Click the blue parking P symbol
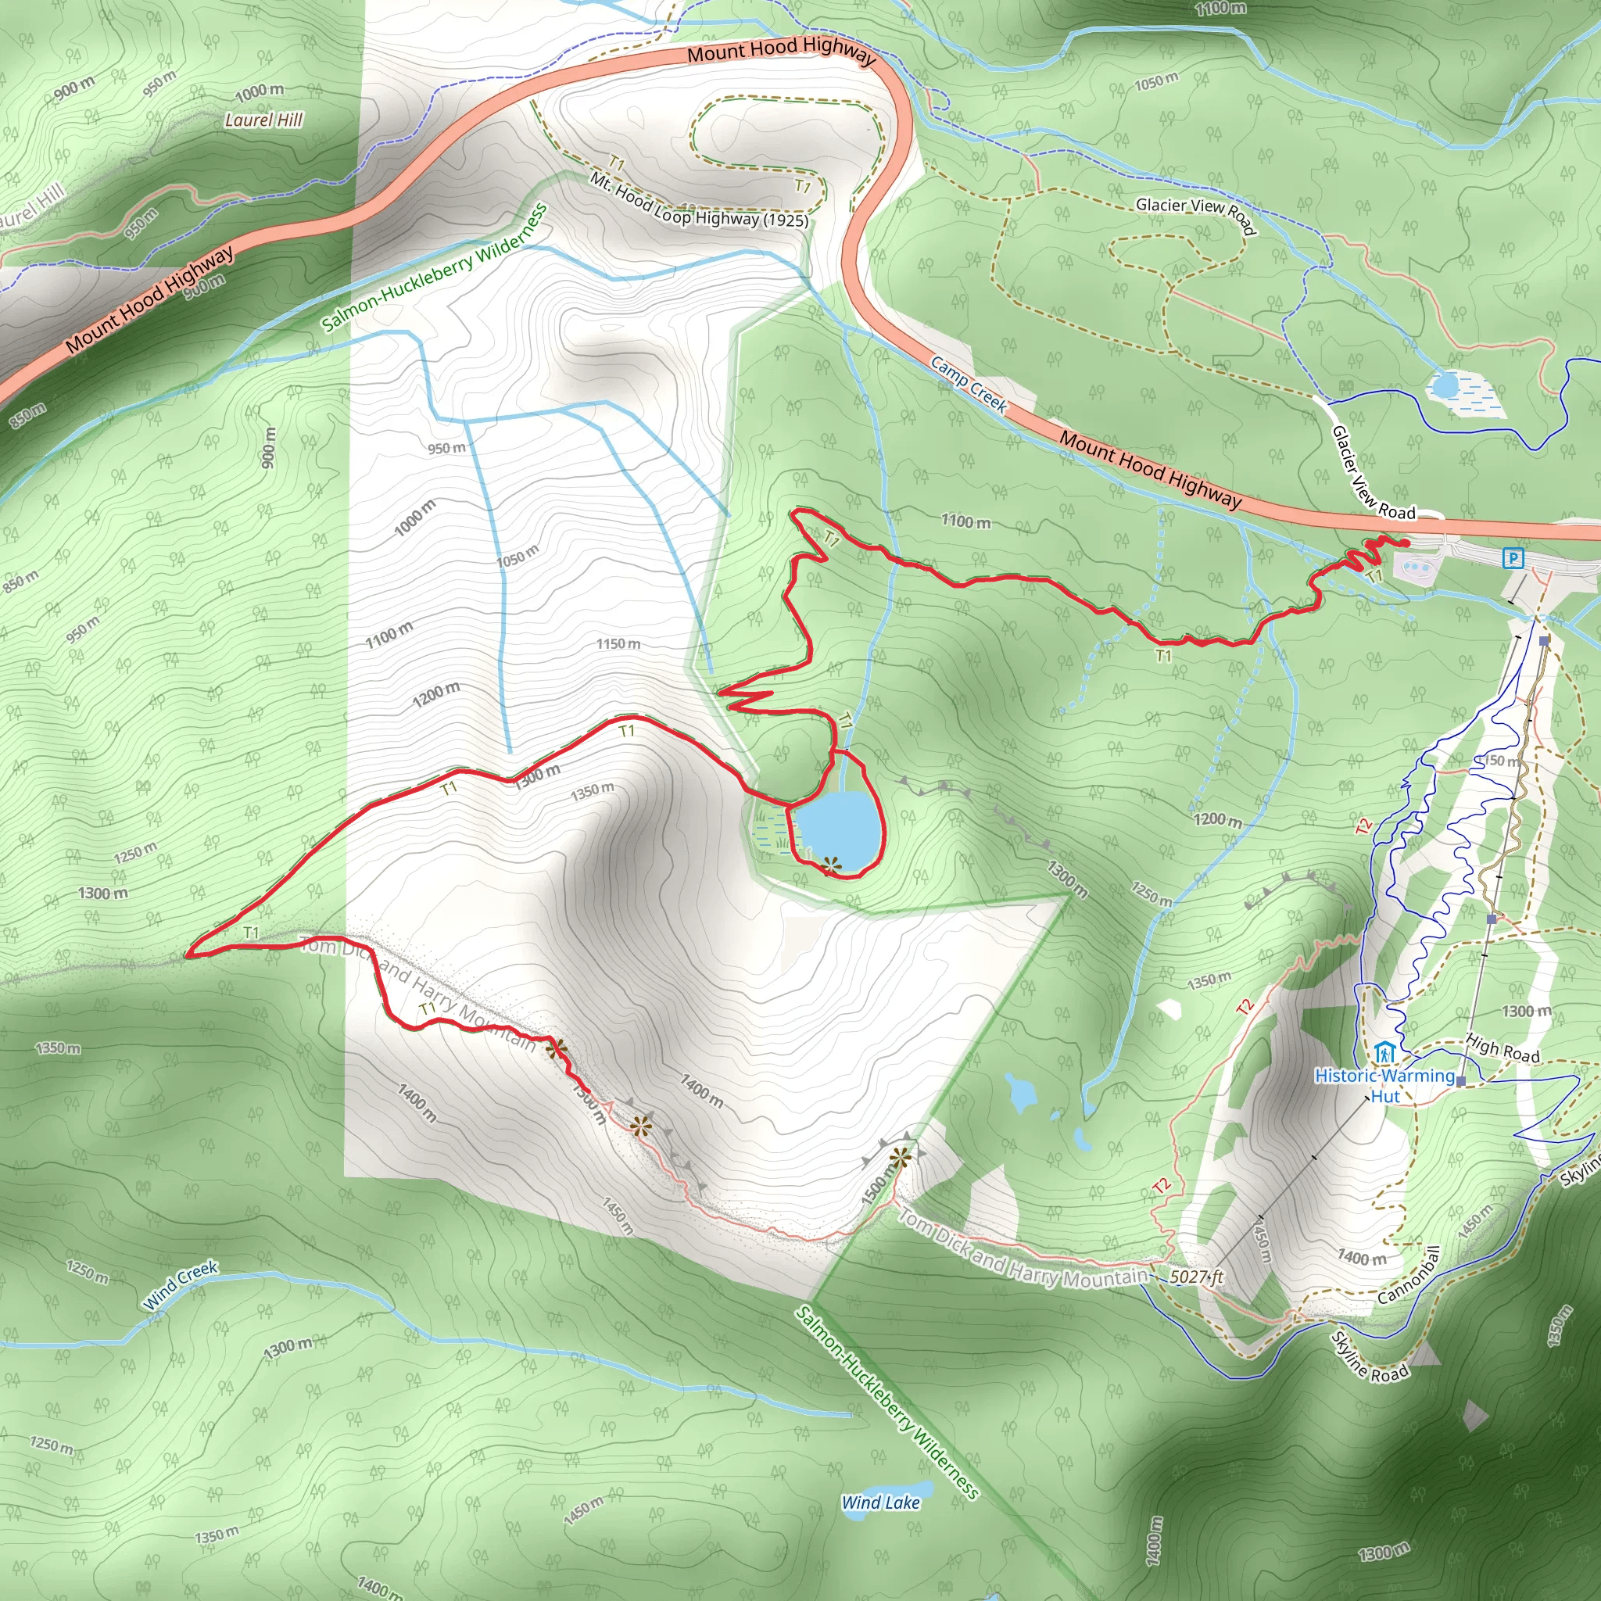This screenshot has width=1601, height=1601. (1513, 558)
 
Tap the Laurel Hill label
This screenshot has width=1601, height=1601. (263, 120)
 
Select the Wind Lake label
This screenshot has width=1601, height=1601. (880, 1503)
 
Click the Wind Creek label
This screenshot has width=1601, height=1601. (180, 1285)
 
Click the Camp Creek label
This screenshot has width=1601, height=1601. (968, 385)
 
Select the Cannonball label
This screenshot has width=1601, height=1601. (1409, 1274)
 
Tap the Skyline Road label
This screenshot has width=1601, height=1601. (1368, 1357)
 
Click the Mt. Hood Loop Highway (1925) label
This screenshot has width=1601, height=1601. (698, 202)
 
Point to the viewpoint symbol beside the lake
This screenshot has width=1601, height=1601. (830, 865)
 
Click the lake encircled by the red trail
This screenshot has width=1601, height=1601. (837, 825)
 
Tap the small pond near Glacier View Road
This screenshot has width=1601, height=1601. (1445, 385)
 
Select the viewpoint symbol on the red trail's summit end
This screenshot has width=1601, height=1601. (556, 1049)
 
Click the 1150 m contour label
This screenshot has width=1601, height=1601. (618, 644)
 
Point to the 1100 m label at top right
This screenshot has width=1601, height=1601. (1220, 9)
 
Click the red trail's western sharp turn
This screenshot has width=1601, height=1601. (189, 955)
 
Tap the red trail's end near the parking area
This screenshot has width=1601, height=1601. (1406, 543)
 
